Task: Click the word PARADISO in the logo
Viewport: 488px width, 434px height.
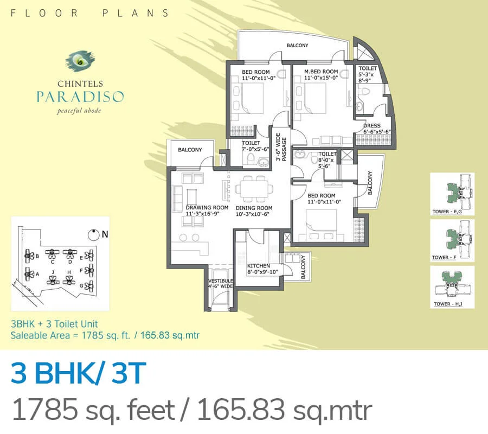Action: pyautogui.click(x=80, y=97)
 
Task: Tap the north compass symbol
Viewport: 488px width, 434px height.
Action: pyautogui.click(x=94, y=234)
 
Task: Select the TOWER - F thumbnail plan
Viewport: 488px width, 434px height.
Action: pyautogui.click(x=452, y=237)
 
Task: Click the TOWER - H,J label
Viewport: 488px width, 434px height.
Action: pyautogui.click(x=449, y=304)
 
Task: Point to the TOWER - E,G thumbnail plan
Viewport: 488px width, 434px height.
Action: pyautogui.click(x=452, y=190)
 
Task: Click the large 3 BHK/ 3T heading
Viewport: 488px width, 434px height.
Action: pyautogui.click(x=79, y=375)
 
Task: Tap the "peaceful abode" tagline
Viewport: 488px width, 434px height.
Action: pyautogui.click(x=79, y=112)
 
